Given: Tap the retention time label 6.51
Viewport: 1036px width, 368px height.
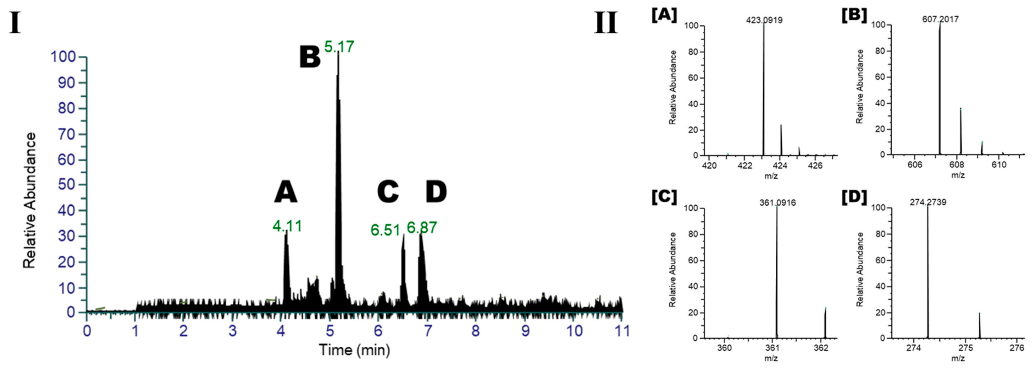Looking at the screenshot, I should click(385, 230).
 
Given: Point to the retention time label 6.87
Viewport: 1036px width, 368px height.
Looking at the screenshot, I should click(421, 228).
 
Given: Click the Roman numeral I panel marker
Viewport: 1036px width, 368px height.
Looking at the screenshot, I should click(15, 23).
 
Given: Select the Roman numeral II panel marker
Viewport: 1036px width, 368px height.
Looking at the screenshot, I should click(606, 23).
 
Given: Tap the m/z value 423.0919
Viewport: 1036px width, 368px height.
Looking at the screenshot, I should click(764, 20).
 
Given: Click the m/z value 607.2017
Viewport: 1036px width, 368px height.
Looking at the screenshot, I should click(940, 19).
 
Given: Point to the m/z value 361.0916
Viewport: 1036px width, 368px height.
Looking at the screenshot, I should click(777, 202).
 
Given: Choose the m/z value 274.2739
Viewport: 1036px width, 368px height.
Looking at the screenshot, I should click(928, 202).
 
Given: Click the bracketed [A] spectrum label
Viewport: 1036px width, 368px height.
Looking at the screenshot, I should click(664, 15).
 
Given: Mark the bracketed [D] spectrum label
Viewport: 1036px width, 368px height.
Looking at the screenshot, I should click(854, 197).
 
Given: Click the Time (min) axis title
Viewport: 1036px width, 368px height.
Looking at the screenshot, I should click(354, 350).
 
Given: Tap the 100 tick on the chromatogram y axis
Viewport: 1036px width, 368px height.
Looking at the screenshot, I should click(63, 57).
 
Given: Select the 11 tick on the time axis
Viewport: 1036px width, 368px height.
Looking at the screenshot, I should click(622, 331).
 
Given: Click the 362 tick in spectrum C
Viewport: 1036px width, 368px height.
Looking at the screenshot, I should click(821, 347).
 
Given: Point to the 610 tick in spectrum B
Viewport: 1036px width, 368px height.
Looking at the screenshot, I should click(999, 165).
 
